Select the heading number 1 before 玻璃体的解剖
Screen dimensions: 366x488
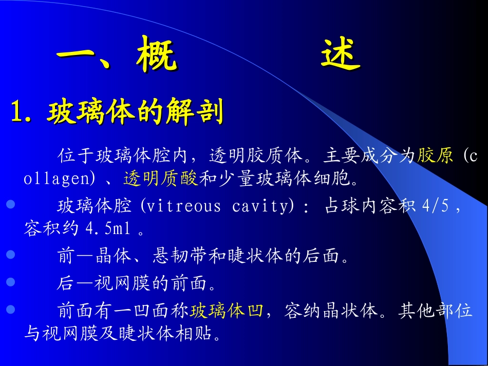(19, 112)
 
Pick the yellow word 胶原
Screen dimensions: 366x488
(435, 156)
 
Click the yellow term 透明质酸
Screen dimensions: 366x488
(160, 179)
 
